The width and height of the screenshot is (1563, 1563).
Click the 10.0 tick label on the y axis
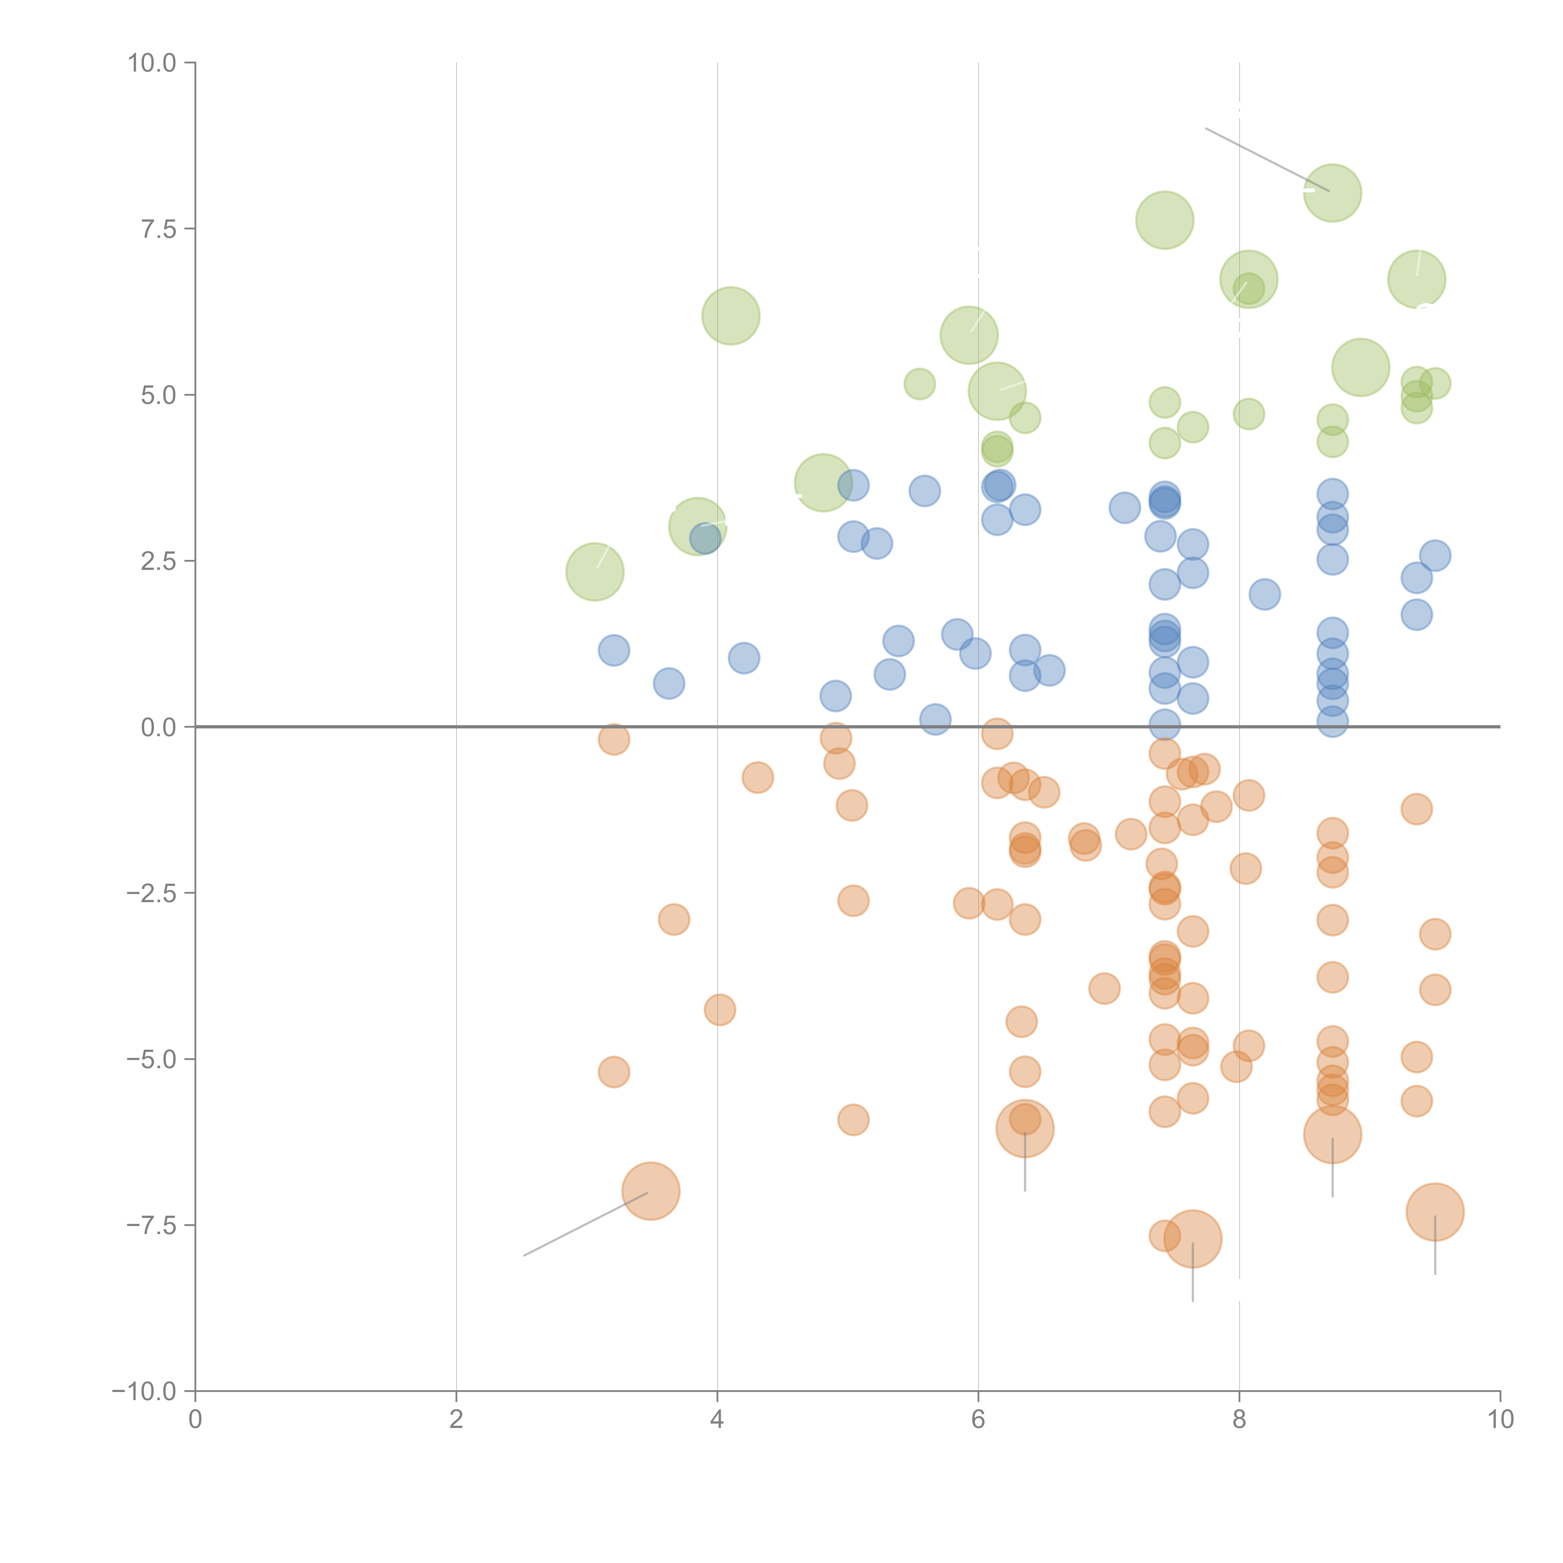(152, 63)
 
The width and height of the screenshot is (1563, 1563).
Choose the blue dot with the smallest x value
(614, 650)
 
